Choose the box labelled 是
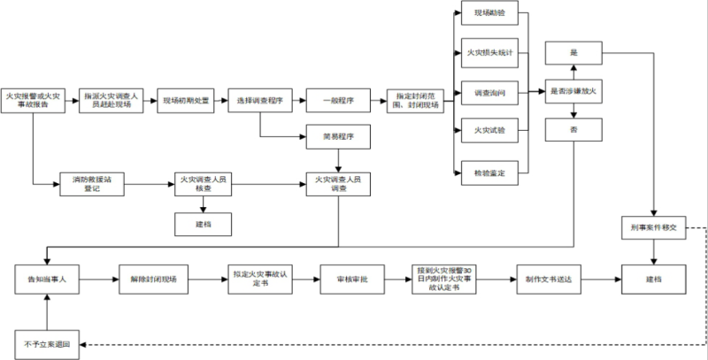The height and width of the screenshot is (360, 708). [573, 52]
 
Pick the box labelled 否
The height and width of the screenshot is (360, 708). [573, 130]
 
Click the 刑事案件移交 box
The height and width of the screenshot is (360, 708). [653, 228]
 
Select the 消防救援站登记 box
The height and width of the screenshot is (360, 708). [92, 183]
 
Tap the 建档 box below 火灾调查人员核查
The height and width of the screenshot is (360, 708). [204, 224]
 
